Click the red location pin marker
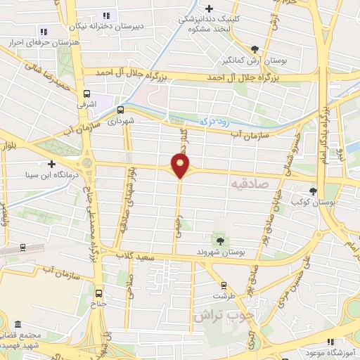pyautogui.click(x=181, y=165)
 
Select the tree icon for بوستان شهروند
pyautogui.click(x=221, y=241)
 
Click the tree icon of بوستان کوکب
pyautogui.click(x=313, y=190)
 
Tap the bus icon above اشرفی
pyautogui.click(x=86, y=94)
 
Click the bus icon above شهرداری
pyautogui.click(x=120, y=110)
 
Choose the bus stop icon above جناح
pyautogui.click(x=97, y=293)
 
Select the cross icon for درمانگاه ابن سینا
pyautogui.click(x=52, y=164)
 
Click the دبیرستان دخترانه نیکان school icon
pyautogui.click(x=106, y=15)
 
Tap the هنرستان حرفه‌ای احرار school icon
pyautogui.click(x=44, y=32)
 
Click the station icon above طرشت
pyautogui.click(x=224, y=285)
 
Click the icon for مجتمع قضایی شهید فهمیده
pyautogui.click(x=18, y=326)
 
